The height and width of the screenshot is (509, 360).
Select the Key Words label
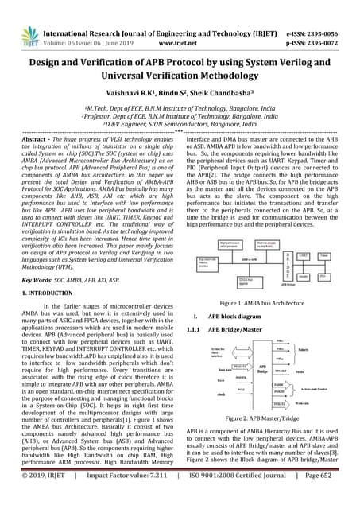(35, 258)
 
